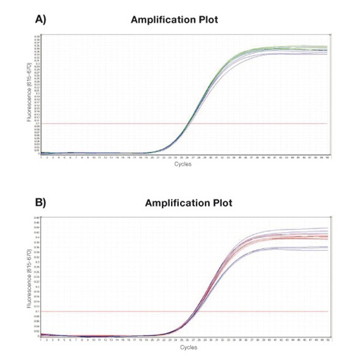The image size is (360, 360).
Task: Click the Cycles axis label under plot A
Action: [x=183, y=164]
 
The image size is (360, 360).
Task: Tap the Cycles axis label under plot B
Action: [x=183, y=347]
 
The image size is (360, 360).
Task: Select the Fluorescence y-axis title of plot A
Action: [x=29, y=94]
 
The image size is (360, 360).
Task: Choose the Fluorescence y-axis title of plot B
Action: [x=29, y=277]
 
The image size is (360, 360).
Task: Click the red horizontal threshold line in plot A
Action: [x=120, y=124]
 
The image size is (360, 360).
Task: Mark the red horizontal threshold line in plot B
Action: [x=120, y=311]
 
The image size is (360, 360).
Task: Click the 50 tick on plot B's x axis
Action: [x=327, y=340]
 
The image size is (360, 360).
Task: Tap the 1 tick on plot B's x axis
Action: [x=41, y=340]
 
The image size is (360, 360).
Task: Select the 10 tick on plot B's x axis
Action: [x=93, y=340]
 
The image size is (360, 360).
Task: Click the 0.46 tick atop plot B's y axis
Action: [x=37, y=217]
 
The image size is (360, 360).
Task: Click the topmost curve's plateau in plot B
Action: [x=300, y=229]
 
